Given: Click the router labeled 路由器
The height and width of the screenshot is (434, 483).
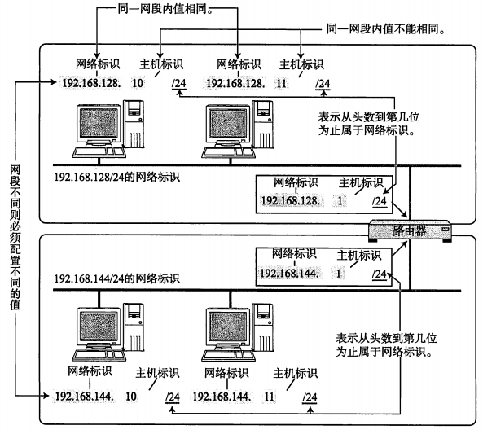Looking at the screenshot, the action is (410, 230).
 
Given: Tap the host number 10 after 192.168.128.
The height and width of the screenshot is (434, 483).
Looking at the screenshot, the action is (138, 83).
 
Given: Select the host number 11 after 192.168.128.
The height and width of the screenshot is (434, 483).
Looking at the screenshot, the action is (281, 84).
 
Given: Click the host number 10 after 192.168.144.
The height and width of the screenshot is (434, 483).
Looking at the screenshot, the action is (130, 396).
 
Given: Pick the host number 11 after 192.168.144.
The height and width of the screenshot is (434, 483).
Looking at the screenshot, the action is (269, 396).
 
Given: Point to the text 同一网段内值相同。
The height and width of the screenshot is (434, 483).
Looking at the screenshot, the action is (165, 9).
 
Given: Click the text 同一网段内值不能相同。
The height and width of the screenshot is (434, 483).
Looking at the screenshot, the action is (386, 29).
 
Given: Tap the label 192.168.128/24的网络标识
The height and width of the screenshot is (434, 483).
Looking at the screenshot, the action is (116, 178).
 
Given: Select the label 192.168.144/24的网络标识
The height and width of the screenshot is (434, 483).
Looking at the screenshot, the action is (116, 278).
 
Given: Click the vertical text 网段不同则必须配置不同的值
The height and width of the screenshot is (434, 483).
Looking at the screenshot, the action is (15, 237).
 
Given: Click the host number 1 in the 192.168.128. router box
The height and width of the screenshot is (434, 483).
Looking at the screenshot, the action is (340, 201).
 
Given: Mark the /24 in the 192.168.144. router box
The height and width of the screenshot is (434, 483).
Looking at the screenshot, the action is (380, 274).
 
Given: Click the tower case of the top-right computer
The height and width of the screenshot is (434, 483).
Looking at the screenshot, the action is (263, 124).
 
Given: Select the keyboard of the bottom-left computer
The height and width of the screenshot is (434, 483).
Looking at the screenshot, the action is (99, 356).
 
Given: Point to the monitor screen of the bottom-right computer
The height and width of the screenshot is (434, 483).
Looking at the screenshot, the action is (228, 327).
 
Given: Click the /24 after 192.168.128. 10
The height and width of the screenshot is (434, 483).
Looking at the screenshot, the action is (179, 84).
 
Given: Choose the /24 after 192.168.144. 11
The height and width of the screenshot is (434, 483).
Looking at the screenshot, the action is (310, 397).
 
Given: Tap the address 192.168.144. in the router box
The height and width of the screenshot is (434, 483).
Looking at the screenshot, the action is (289, 274).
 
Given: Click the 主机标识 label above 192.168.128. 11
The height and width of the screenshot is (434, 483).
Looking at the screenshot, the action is (301, 64).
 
